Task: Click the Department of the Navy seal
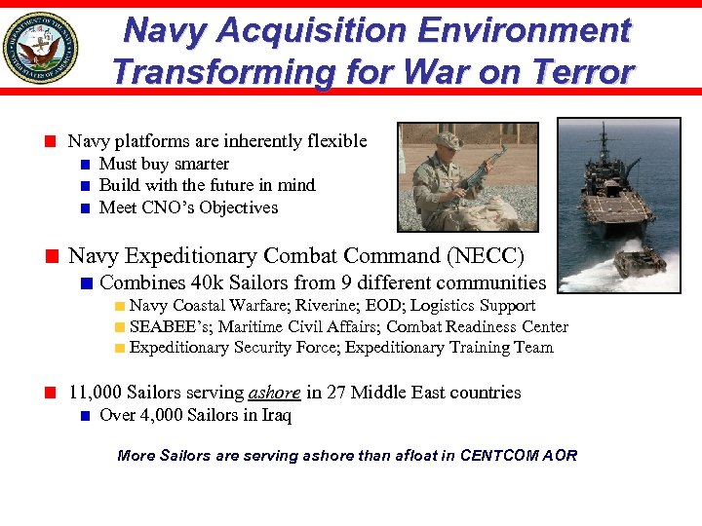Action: coord(40,48)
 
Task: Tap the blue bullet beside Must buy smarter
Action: coord(86,165)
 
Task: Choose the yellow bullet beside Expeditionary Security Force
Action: coord(119,348)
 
